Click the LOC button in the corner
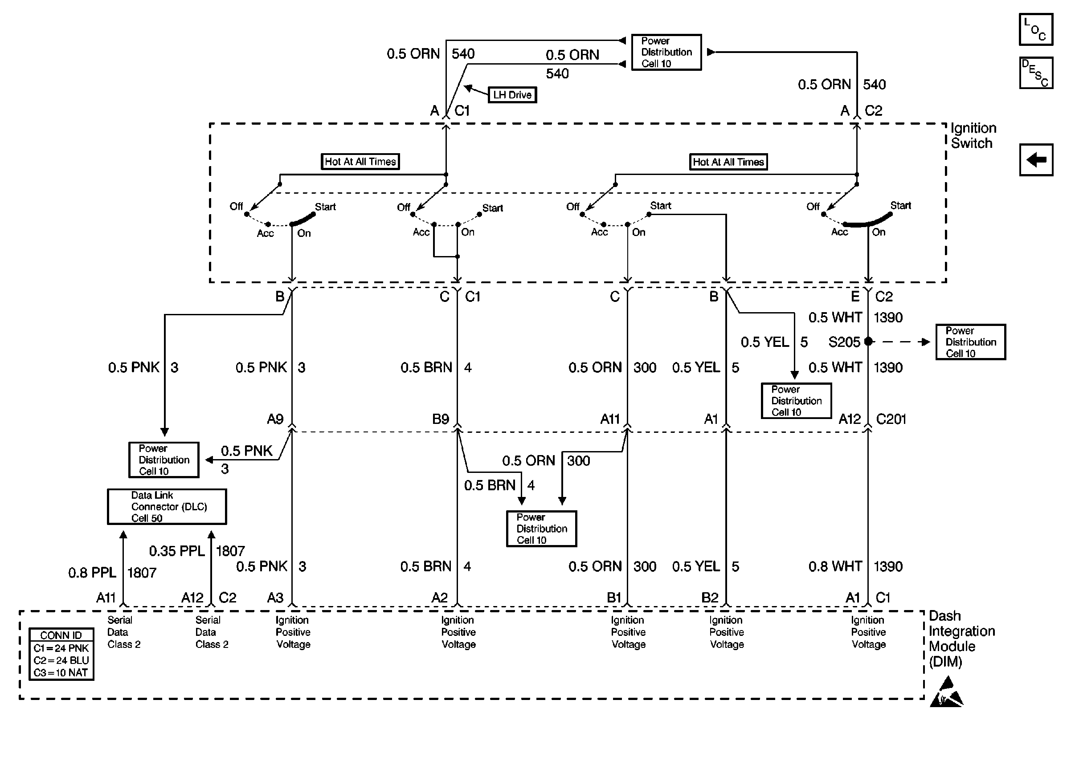[1036, 29]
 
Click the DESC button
[1036, 73]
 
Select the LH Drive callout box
[512, 95]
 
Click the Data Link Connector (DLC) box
[167, 506]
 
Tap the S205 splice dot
[868, 342]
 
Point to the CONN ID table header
[61, 635]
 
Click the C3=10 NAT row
[61, 673]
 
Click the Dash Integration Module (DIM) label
[962, 638]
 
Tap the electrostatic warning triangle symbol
[946, 692]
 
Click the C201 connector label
[891, 419]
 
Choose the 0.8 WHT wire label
[835, 566]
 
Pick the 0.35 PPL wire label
[177, 551]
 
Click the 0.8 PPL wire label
[92, 572]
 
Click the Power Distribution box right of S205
[971, 342]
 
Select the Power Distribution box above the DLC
[164, 460]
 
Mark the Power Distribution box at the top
[666, 52]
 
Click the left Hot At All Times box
[360, 162]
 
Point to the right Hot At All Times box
[728, 162]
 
